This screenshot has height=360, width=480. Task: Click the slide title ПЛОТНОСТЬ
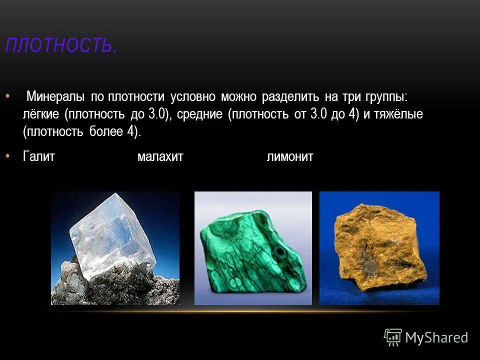click(x=61, y=46)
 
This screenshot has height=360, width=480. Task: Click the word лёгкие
click(x=41, y=114)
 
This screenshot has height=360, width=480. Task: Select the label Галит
click(x=38, y=156)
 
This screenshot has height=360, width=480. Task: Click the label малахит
click(x=160, y=156)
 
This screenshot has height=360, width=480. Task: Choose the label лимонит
click(x=290, y=156)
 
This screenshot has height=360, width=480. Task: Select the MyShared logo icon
click(x=392, y=337)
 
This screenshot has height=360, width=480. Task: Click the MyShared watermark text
click(x=436, y=337)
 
